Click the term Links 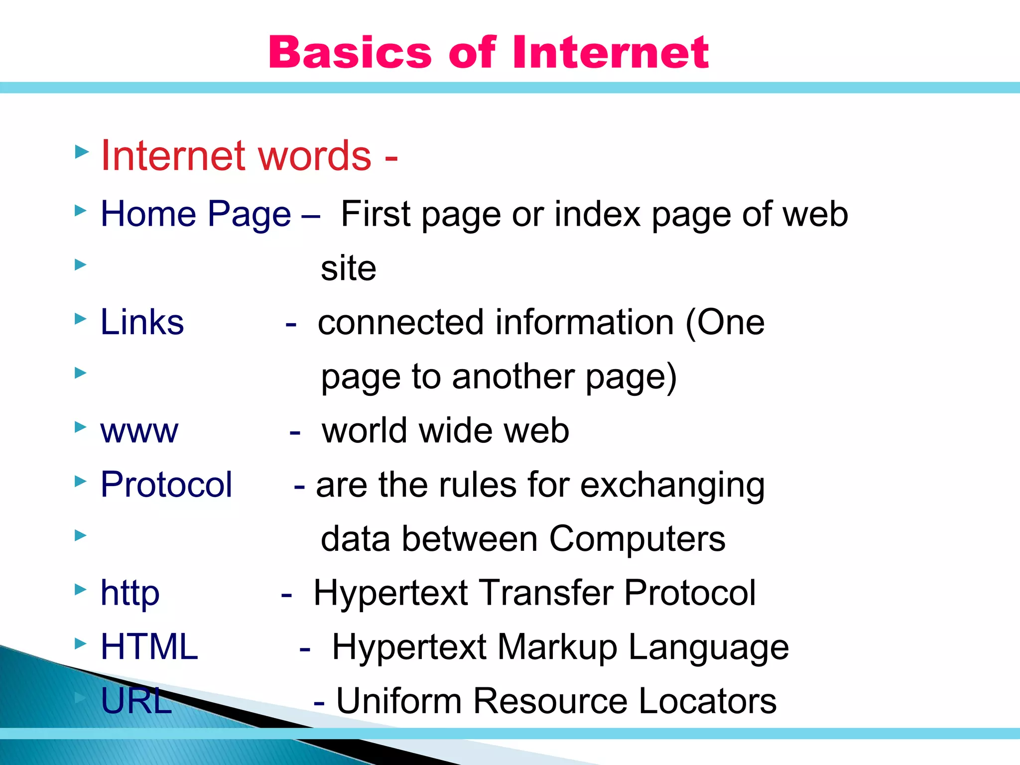(x=142, y=322)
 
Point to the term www (x=139, y=431)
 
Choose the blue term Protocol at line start (x=166, y=485)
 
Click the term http (x=130, y=593)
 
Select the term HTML (x=149, y=647)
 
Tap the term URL (x=136, y=701)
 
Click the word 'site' (x=348, y=268)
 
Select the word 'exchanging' (x=672, y=486)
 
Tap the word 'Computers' (x=637, y=539)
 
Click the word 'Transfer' (x=546, y=593)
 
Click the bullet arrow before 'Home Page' (x=81, y=211)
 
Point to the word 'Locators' (x=707, y=701)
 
